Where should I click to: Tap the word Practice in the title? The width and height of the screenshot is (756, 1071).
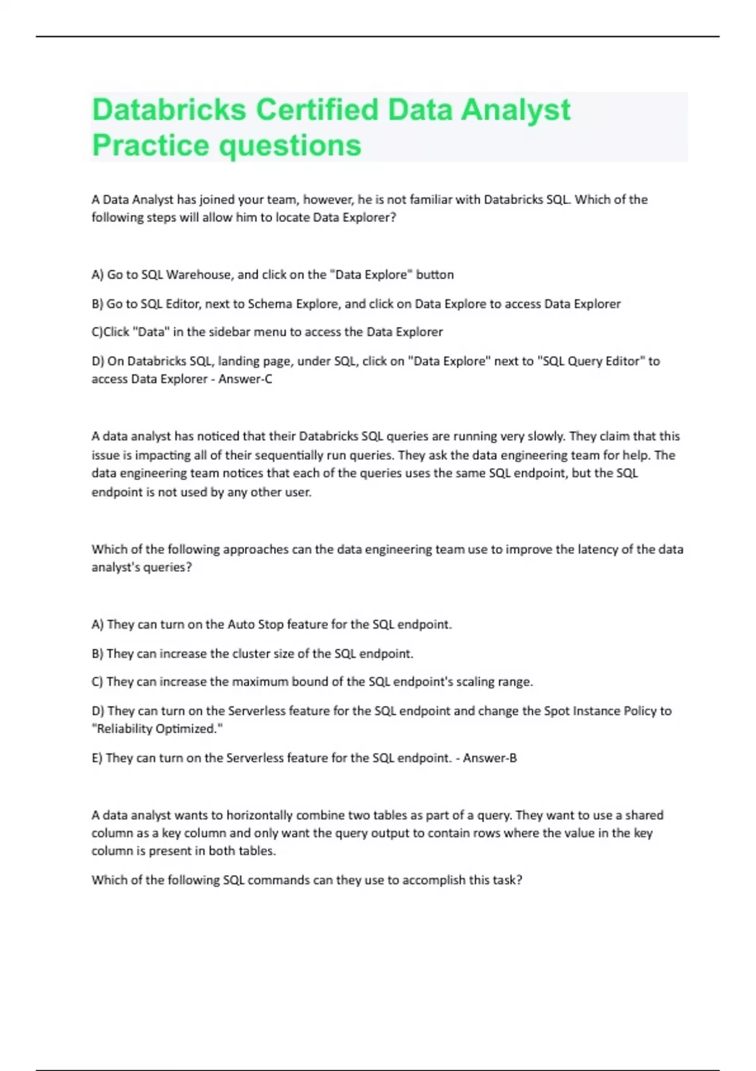pyautogui.click(x=151, y=146)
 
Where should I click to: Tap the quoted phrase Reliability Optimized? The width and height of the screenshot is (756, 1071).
pyautogui.click(x=157, y=729)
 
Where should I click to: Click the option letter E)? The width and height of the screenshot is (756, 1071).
pyautogui.click(x=97, y=758)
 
